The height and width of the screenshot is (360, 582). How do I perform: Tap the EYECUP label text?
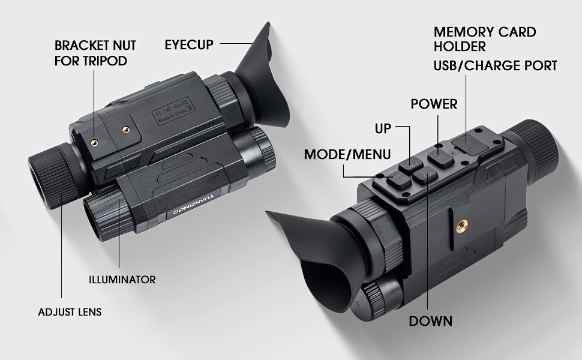[189, 44]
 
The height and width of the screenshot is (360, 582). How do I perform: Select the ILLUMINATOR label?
[122, 280]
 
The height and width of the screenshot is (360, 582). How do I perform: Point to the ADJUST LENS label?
[70, 312]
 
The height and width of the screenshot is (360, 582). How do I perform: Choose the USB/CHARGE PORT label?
[496, 65]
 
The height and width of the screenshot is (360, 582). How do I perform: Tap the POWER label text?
[434, 104]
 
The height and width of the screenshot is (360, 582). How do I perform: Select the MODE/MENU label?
[347, 154]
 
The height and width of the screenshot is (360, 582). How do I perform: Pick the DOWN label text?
[430, 321]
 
